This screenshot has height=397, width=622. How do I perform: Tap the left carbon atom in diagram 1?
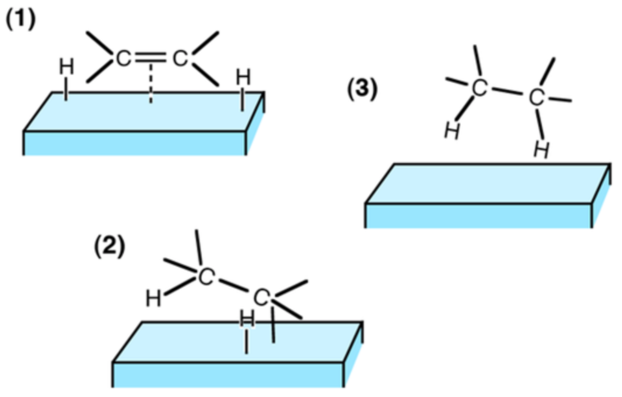(x=122, y=59)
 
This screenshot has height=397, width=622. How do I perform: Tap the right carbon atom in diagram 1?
(x=180, y=59)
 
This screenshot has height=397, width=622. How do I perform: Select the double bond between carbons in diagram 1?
(x=151, y=59)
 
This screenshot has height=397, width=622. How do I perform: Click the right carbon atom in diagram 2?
(x=262, y=297)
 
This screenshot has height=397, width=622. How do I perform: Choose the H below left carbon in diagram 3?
(x=451, y=132)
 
